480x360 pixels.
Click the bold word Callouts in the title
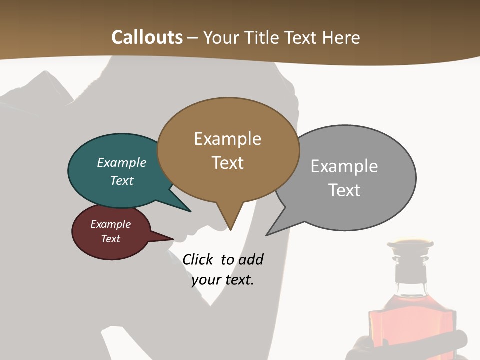[147, 37]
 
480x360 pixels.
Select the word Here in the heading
[339, 37]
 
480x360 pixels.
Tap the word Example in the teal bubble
[122, 162]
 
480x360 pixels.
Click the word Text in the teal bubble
[122, 180]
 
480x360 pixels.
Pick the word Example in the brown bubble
[227, 139]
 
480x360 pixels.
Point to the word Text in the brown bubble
[227, 163]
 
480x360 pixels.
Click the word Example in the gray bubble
[344, 166]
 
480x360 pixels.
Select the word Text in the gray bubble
[344, 190]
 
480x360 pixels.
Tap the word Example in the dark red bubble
[110, 224]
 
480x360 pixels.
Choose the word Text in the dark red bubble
[110, 239]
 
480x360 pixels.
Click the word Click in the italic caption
[198, 259]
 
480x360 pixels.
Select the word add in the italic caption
[251, 259]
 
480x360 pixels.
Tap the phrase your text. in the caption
[223, 280]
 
